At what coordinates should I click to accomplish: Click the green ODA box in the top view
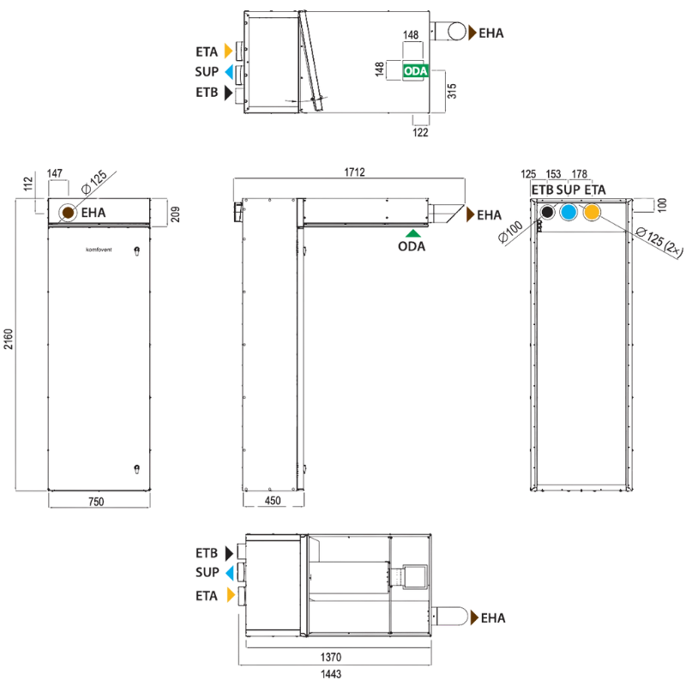click(415, 71)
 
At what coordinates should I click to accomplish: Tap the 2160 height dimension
click(9, 339)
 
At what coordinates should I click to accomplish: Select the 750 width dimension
click(96, 502)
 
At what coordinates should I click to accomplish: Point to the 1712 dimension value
click(354, 172)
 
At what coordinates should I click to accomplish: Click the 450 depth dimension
click(273, 501)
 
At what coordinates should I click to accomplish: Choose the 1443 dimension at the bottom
click(331, 674)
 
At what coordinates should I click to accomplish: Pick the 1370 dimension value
click(331, 657)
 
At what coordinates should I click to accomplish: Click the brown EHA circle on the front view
click(68, 213)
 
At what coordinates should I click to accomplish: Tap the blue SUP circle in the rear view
click(569, 212)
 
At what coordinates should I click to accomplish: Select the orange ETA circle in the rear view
click(592, 212)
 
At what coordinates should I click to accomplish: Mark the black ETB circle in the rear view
click(547, 212)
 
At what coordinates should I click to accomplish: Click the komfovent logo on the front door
click(99, 250)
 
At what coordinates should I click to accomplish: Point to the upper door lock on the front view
click(136, 251)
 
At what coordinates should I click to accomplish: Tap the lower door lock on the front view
click(136, 469)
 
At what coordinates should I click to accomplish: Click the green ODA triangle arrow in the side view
click(412, 233)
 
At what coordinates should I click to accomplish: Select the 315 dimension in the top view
click(452, 91)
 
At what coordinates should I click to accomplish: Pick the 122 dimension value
click(420, 132)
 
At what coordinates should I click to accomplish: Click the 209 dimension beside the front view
click(175, 214)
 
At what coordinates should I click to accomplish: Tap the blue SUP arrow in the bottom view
click(230, 573)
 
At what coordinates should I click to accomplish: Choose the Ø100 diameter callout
click(510, 232)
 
